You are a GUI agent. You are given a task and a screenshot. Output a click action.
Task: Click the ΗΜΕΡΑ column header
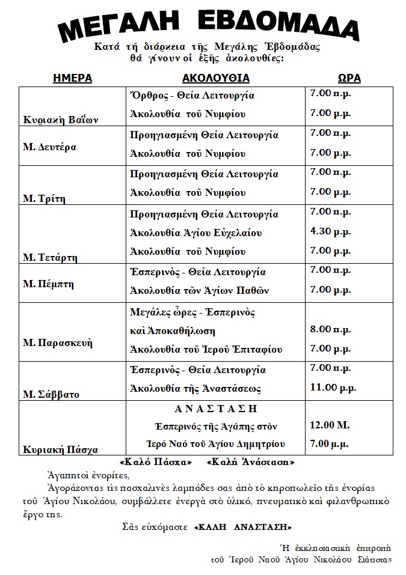pyautogui.click(x=72, y=79)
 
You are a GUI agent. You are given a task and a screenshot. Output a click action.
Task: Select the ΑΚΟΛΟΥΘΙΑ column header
pyautogui.click(x=215, y=79)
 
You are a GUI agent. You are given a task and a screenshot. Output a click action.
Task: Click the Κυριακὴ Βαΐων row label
pyautogui.click(x=61, y=120)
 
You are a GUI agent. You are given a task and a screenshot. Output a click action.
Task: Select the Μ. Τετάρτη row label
pyautogui.click(x=51, y=258)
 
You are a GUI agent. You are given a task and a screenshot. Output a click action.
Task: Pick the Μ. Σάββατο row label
pyautogui.click(x=51, y=395)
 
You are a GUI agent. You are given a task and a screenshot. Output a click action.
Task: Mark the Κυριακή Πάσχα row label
pyautogui.click(x=60, y=449)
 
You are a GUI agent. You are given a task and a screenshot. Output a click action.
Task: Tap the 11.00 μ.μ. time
pyautogui.click(x=331, y=388)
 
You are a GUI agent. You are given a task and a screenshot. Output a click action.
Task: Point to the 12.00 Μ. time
pyautogui.click(x=329, y=425)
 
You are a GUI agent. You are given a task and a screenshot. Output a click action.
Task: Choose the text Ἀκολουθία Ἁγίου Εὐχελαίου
pyautogui.click(x=196, y=233)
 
